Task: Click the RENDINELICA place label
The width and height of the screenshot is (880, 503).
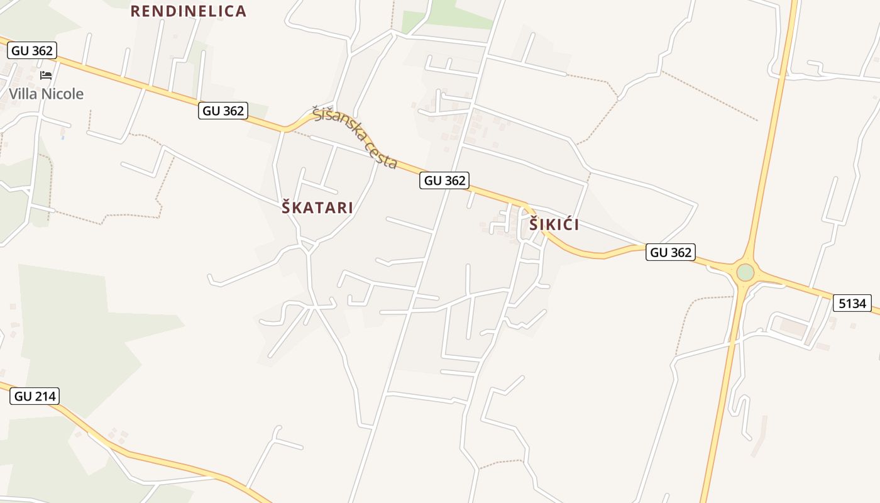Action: [x=188, y=11]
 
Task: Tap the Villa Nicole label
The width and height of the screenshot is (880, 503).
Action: [x=46, y=94]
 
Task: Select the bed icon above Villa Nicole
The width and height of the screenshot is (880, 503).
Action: [x=46, y=75]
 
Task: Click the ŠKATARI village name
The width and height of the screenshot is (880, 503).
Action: [x=317, y=207]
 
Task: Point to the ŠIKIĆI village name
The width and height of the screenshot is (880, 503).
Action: [x=554, y=224]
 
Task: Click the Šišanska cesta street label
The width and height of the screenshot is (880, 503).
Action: [x=355, y=138]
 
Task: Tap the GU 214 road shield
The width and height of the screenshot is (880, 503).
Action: [x=35, y=396]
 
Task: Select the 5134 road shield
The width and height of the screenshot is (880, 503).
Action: [x=852, y=303]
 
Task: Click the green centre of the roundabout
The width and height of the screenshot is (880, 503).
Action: [x=745, y=272]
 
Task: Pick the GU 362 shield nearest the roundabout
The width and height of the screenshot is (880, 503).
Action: [x=671, y=252]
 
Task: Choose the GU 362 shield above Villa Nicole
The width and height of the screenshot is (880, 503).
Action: [x=33, y=51]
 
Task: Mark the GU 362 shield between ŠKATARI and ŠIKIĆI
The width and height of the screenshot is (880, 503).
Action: [x=445, y=180]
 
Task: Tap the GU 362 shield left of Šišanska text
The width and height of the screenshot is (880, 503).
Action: [x=224, y=111]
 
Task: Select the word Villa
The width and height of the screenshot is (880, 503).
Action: [x=21, y=94]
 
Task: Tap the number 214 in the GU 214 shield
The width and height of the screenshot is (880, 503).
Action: [x=44, y=396]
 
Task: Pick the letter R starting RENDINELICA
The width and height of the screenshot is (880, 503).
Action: [x=135, y=11]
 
